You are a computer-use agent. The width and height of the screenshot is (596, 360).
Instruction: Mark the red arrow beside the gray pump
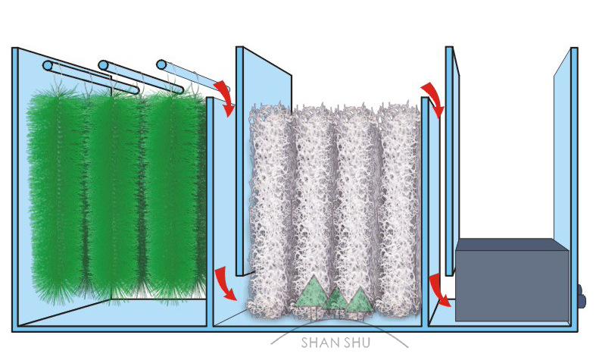pos(437,290)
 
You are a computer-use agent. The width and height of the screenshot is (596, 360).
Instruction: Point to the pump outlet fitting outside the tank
pos(582,296)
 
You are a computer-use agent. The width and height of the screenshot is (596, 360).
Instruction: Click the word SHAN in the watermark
pos(317,343)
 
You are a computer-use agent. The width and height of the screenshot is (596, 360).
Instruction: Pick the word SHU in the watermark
pos(355,343)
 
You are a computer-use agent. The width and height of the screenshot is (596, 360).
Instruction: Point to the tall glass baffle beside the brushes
pos(262,159)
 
